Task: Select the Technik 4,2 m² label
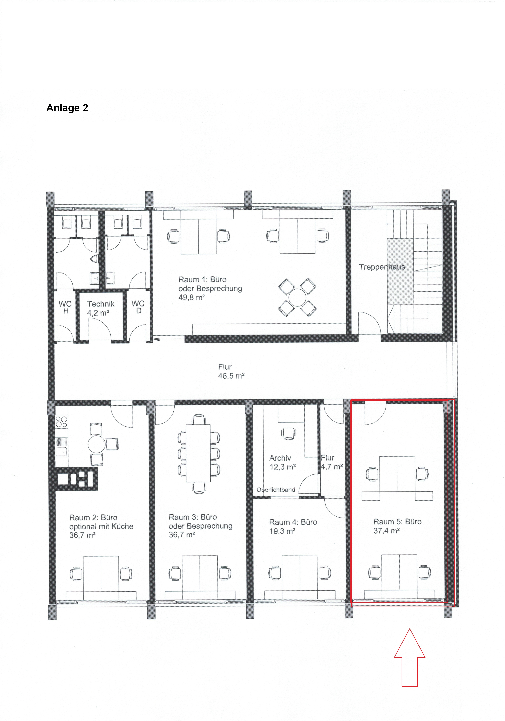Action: coord(101,308)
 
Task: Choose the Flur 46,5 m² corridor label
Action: coord(231,372)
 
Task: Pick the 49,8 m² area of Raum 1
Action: coord(192,297)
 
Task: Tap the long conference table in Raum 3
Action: coord(198,453)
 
